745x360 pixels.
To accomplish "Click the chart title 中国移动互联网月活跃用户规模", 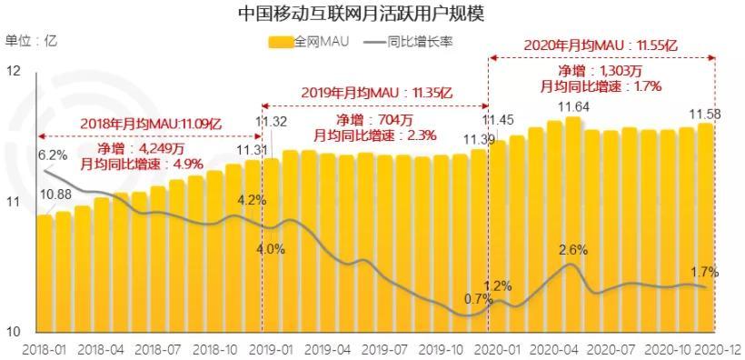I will click(373, 14).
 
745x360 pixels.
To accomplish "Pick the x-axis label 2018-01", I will click(44, 349).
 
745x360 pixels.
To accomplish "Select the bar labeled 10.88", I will click(45, 273).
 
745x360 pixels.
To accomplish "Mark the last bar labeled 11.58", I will click(705, 227).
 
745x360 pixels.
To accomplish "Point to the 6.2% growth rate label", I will click(52, 155).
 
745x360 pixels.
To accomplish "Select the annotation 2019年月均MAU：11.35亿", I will click(376, 92).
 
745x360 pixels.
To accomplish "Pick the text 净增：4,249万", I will click(137, 148).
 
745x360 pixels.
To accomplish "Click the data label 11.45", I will click(499, 120).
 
